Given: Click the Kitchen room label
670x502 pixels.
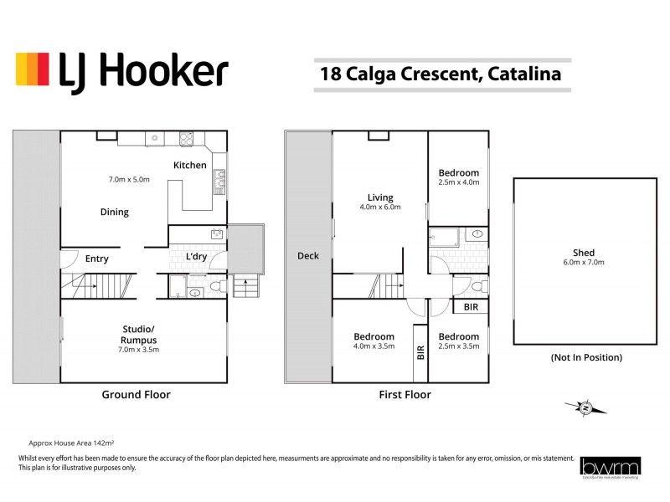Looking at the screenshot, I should pos(190,165).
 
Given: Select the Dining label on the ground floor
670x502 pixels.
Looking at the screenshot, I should pos(115,212).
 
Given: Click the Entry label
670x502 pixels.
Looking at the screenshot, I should pos(97,259).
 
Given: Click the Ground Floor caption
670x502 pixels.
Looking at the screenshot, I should pos(136,394).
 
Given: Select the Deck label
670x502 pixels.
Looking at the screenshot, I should pos(308,256).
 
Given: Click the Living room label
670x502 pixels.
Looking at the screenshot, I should pos(381,197).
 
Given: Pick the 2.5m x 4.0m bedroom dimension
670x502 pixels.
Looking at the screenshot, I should pos(459,182).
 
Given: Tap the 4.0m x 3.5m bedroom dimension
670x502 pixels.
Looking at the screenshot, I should pos(374,346).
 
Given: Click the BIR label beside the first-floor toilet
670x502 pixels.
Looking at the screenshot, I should pos(471,307).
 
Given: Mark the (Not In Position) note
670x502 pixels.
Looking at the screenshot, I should pos(586,358).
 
